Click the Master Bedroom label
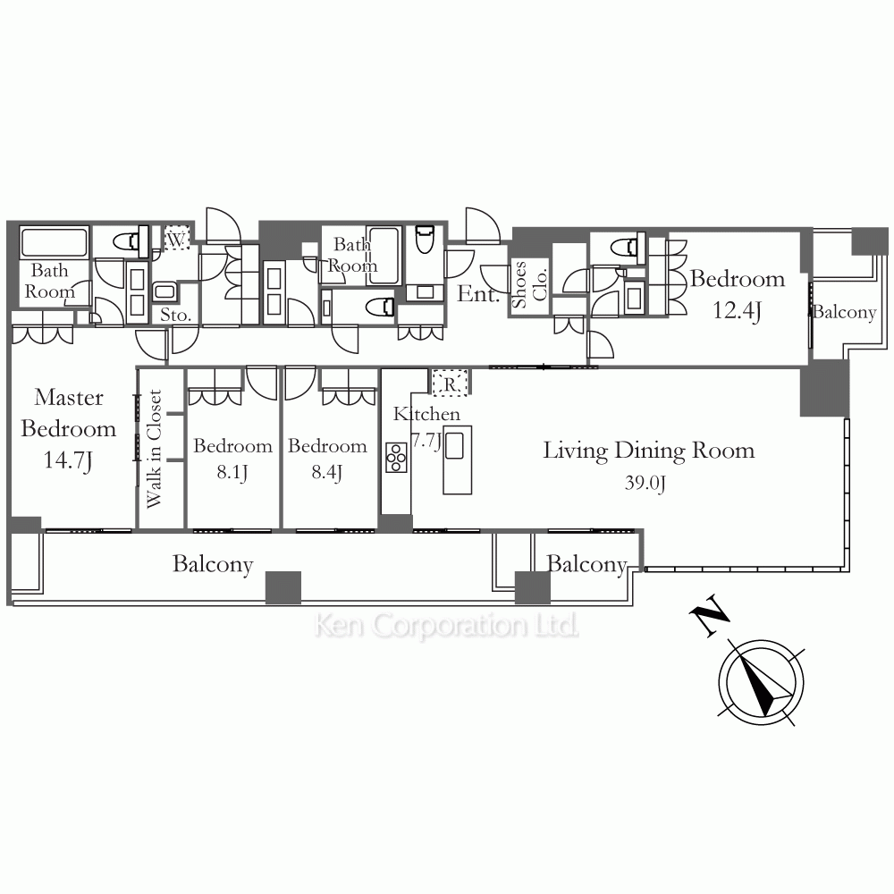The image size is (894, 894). tap(69, 413)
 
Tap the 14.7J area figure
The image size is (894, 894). tap(68, 460)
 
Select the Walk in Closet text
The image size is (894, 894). tap(154, 449)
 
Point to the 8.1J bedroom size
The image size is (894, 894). tap(232, 473)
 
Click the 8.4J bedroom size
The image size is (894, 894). tap(326, 473)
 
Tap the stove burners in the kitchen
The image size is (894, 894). tap(396, 458)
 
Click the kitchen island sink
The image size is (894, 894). tap(454, 445)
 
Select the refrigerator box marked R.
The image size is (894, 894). tap(450, 384)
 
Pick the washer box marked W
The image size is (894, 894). tap(177, 239)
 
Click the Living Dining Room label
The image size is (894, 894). tap(649, 451)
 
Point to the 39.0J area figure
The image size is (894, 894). tap(645, 483)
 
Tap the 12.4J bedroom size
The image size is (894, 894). tap(738, 311)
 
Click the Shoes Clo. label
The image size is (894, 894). tap(529, 284)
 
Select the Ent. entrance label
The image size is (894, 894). tap(478, 293)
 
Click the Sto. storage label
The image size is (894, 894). tap(175, 315)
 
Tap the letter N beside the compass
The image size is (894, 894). tap(709, 615)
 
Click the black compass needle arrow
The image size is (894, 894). tap(765, 684)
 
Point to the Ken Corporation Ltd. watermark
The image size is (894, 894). tap(446, 626)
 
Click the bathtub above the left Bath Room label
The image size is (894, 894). tap(55, 241)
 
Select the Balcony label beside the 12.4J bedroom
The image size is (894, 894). tap(845, 312)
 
